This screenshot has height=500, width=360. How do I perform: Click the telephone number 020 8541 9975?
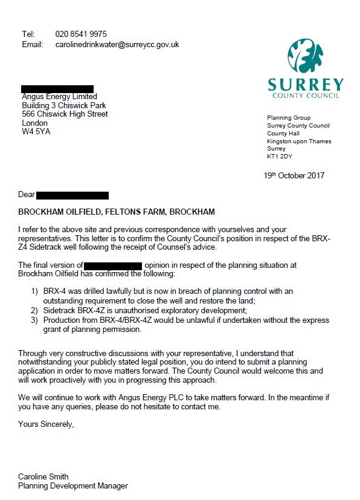click(81, 34)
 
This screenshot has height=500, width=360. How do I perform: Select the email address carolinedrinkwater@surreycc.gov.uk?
click(117, 44)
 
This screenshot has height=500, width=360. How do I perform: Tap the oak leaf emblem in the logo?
click(306, 57)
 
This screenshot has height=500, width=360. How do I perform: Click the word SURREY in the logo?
click(306, 85)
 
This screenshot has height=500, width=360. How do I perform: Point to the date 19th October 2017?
click(294, 175)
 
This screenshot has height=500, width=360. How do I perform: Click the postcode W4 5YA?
click(36, 131)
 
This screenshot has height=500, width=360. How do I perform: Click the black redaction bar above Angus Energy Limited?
click(57, 88)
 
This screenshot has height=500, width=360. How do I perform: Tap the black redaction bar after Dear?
click(72, 195)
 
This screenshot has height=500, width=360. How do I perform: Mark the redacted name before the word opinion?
click(113, 265)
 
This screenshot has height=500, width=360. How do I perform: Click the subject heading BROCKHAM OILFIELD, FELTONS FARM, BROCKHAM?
click(116, 212)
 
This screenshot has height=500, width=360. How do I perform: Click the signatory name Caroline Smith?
click(43, 476)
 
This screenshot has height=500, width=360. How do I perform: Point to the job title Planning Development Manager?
click(72, 485)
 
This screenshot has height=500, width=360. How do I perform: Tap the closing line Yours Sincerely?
click(46, 424)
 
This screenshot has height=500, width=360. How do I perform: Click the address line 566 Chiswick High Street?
click(65, 114)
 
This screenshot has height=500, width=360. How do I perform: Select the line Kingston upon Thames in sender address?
click(299, 141)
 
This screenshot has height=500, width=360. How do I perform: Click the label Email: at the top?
click(33, 44)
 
